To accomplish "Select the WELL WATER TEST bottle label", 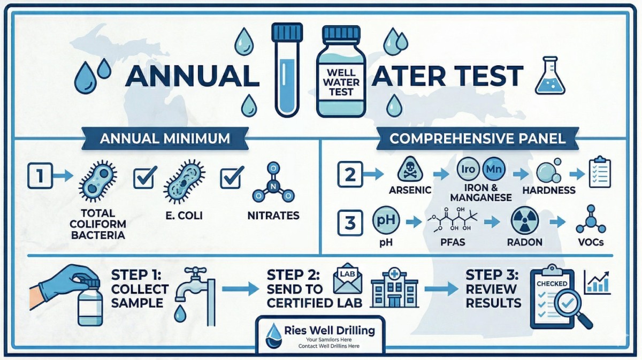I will point(341,80).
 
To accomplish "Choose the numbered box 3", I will point(350,223).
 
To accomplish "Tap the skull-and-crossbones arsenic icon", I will point(407,172).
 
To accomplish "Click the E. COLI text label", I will point(184,217).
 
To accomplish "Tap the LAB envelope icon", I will point(345,281).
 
